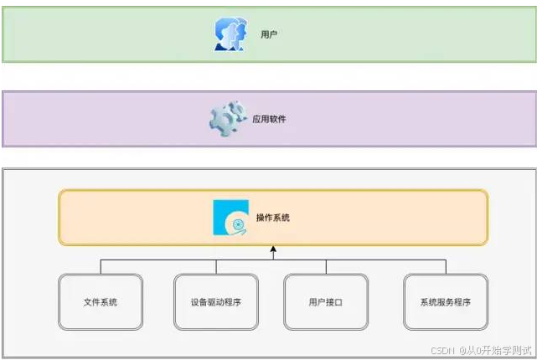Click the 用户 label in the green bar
[x=269, y=35]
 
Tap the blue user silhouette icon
[x=230, y=35]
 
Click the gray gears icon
[x=225, y=120]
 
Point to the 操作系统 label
[x=273, y=218]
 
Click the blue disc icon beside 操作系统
[x=231, y=218]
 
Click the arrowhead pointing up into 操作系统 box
[x=273, y=249]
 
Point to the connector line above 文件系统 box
[x=101, y=266]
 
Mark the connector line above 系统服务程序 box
[x=445, y=266]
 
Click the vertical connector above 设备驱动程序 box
[x=216, y=266]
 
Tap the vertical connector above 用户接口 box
[x=326, y=266]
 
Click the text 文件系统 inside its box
[x=101, y=301]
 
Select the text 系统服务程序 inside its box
[x=445, y=301]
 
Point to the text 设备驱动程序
[x=216, y=301]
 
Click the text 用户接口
[x=326, y=301]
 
